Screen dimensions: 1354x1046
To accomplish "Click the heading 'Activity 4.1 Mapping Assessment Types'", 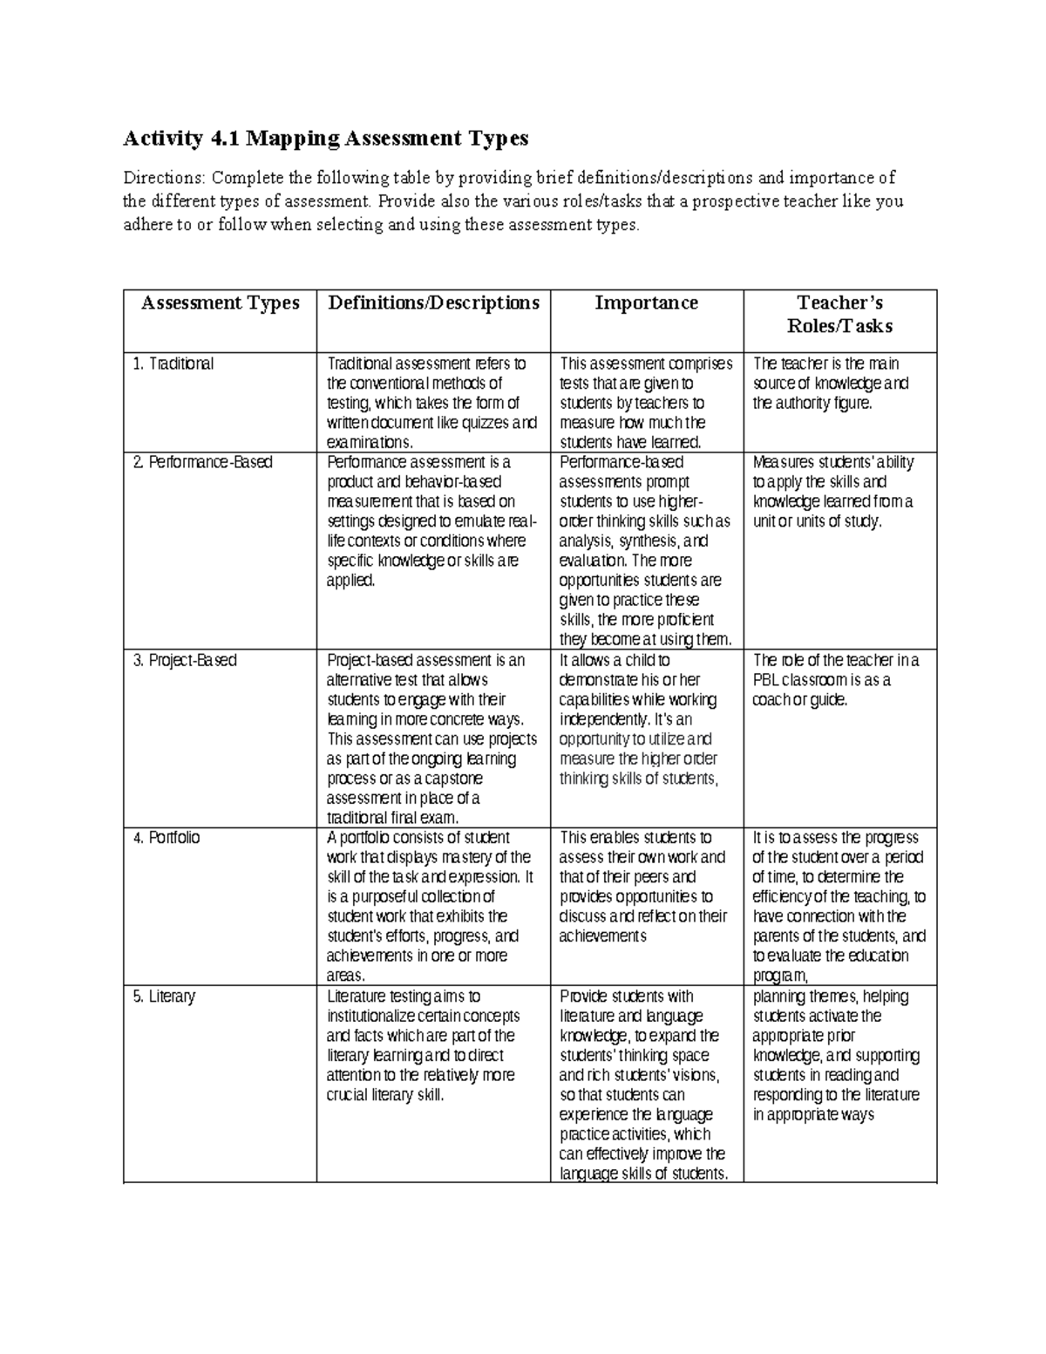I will pos(326,138).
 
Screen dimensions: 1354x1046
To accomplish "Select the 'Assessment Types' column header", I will pos(220,303).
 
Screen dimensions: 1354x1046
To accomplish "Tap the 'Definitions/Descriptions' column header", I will pos(433,303).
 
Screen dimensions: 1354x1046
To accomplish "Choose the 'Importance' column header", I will pos(646,303).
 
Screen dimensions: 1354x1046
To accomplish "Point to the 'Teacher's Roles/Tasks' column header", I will pos(839,314).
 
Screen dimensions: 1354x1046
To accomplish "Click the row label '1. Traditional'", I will pos(173,364).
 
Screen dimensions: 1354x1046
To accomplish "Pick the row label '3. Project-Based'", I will pos(185,660).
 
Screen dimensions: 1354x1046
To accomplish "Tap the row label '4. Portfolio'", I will pos(166,837).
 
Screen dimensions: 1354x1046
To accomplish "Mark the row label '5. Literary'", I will pos(164,996).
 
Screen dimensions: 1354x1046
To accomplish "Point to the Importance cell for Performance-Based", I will pos(645,550).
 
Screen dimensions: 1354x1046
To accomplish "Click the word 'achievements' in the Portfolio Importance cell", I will pos(602,936).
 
